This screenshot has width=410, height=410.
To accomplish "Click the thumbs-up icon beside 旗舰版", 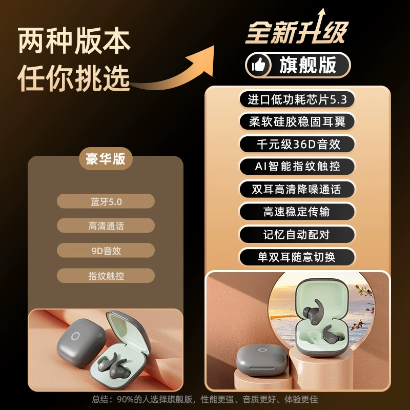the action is (x=259, y=65).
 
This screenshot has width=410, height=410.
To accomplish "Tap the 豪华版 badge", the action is (x=106, y=158).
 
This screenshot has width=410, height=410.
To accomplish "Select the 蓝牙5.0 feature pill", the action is (x=106, y=201).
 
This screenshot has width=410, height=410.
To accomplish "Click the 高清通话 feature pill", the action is (x=106, y=225).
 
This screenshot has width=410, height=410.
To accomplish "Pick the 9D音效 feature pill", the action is (x=106, y=251).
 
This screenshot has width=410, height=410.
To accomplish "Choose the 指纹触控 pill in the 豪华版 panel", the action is (x=106, y=276).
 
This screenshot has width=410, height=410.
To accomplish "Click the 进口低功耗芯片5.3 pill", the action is (x=297, y=99).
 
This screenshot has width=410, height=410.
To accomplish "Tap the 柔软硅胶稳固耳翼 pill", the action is (x=297, y=121).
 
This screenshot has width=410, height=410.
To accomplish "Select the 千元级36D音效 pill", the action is (x=297, y=144).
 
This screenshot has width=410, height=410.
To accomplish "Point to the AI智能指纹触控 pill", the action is (x=297, y=166).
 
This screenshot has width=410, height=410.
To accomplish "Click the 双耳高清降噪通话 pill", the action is (x=297, y=189).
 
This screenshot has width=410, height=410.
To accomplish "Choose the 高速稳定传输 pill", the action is (x=297, y=212).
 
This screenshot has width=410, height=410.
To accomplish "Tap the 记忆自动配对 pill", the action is (x=297, y=235).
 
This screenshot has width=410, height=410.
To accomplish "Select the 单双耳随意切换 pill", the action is (x=297, y=257).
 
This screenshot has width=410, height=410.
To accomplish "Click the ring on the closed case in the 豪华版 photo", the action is (x=75, y=336).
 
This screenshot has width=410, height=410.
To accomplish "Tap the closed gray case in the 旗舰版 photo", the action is (x=262, y=360).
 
